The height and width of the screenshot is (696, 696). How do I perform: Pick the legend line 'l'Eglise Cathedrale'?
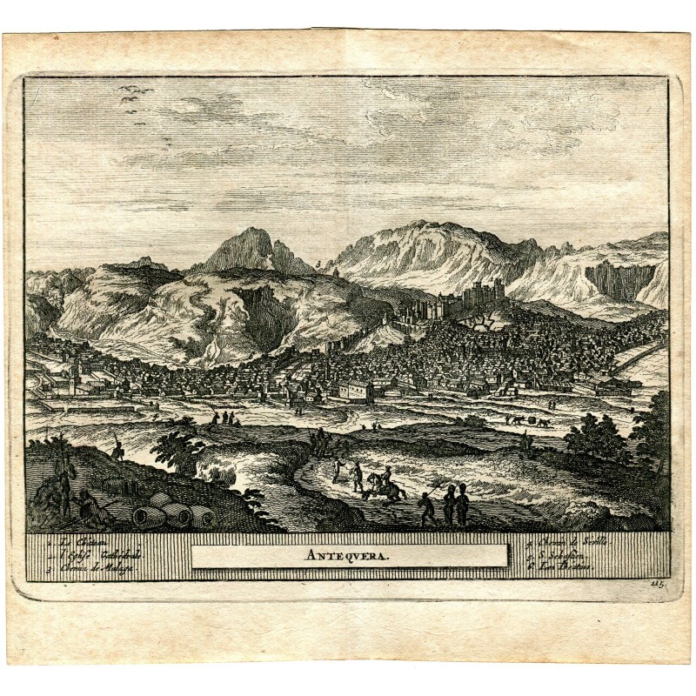78,557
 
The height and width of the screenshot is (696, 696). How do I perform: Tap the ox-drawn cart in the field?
526,420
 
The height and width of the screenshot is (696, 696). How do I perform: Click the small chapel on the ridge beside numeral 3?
335,271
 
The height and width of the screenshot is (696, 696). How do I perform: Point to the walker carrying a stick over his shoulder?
427,508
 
